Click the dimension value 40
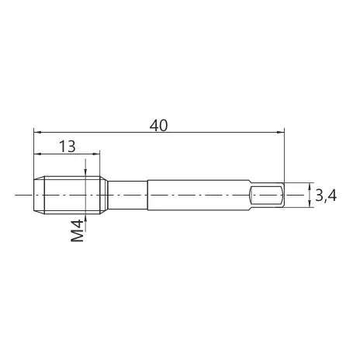click(159, 126)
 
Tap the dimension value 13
click(67, 147)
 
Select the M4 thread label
click(78, 230)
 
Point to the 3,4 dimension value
click(326, 196)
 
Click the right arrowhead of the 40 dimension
click(281, 132)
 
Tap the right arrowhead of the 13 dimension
click(96, 154)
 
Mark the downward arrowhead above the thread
click(85, 173)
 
